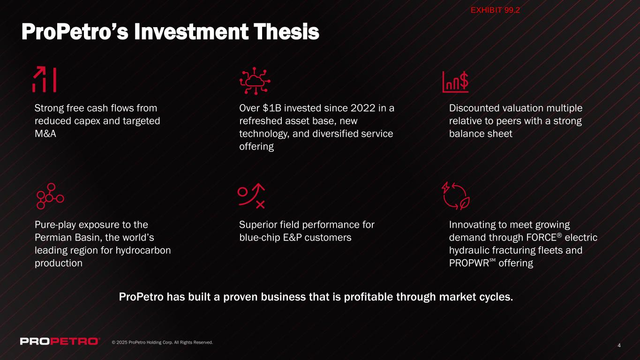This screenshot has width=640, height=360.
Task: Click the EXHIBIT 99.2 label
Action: tap(495, 10)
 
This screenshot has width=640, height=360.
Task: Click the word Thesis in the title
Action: tap(286, 31)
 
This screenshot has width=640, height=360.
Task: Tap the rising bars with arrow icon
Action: tap(44, 79)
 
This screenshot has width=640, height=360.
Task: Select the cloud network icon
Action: tap(255, 81)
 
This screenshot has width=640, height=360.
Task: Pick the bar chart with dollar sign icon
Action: tap(455, 82)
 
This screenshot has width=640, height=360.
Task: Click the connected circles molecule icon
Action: tap(50, 196)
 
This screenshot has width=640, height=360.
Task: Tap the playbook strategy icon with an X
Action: tap(251, 196)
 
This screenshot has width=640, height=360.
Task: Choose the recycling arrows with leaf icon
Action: tap(455, 196)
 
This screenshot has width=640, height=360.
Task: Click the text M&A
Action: tap(45, 134)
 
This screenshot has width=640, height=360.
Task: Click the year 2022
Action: tap(363, 108)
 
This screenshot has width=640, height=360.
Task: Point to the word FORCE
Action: tap(542, 238)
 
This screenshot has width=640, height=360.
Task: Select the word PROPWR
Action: tap(469, 263)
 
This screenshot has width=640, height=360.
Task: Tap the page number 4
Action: tap(619, 345)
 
